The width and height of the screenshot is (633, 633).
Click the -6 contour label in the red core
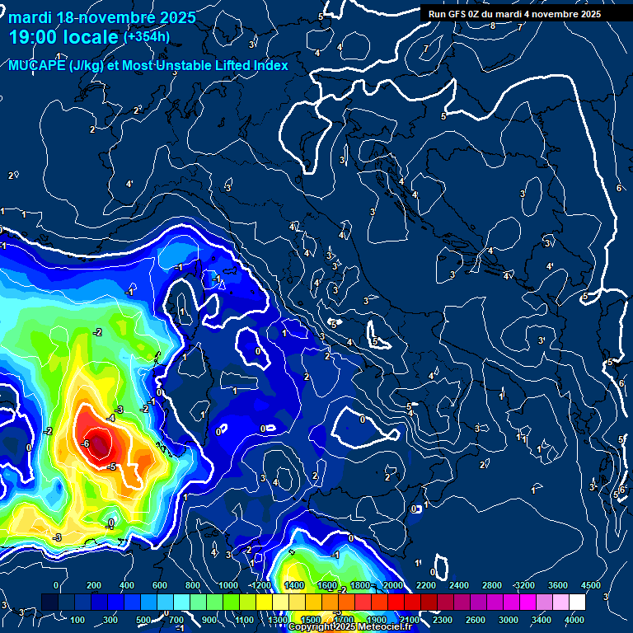(86, 443)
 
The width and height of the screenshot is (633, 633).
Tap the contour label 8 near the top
(493, 26)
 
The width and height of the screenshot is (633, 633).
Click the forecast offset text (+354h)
(147, 37)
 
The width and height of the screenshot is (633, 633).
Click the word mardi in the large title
(34, 17)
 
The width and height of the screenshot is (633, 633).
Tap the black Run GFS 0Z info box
(513, 14)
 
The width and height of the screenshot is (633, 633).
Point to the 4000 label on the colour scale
(574, 620)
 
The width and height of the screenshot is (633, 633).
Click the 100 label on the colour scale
(78, 620)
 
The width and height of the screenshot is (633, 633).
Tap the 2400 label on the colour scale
(458, 585)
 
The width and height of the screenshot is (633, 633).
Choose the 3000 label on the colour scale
(509, 620)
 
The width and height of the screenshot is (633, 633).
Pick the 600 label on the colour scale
(160, 585)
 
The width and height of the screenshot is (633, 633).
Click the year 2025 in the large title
(172, 17)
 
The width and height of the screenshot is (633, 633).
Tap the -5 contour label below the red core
(111, 467)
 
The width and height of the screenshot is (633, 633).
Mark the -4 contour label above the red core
(110, 419)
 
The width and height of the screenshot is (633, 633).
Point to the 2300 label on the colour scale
(442, 620)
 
